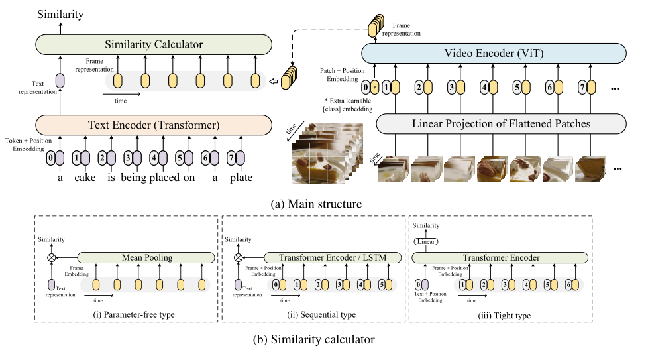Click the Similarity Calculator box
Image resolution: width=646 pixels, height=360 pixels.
click(154, 44)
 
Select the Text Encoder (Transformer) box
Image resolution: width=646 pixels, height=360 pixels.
click(154, 125)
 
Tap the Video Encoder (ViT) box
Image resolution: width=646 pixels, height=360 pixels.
click(494, 53)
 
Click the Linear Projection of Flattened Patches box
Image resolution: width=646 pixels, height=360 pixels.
click(501, 124)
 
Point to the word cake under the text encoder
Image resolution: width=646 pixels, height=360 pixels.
click(85, 178)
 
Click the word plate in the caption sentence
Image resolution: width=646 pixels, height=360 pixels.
click(241, 178)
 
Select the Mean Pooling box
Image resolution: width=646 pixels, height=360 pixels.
click(146, 257)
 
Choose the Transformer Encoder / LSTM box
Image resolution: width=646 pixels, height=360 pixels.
click(333, 257)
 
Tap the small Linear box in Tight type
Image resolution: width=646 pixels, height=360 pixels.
click(425, 241)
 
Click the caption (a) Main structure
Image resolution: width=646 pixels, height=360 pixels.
click(316, 204)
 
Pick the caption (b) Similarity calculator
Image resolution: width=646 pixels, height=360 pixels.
click(313, 339)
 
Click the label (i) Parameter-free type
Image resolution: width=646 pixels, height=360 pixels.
click(133, 315)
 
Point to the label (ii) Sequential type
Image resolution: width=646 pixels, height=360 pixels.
click(321, 315)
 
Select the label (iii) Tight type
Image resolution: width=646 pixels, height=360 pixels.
click(504, 316)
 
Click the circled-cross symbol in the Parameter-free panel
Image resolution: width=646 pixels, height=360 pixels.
click(52, 257)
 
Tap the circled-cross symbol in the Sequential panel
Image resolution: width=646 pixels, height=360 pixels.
click(238, 257)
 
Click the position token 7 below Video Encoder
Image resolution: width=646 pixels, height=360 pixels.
click(582, 88)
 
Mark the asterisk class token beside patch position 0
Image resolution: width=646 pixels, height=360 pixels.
click(374, 88)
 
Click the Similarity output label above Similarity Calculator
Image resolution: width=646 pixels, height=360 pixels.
click(60, 15)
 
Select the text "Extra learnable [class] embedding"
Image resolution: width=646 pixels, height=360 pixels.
click(348, 105)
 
